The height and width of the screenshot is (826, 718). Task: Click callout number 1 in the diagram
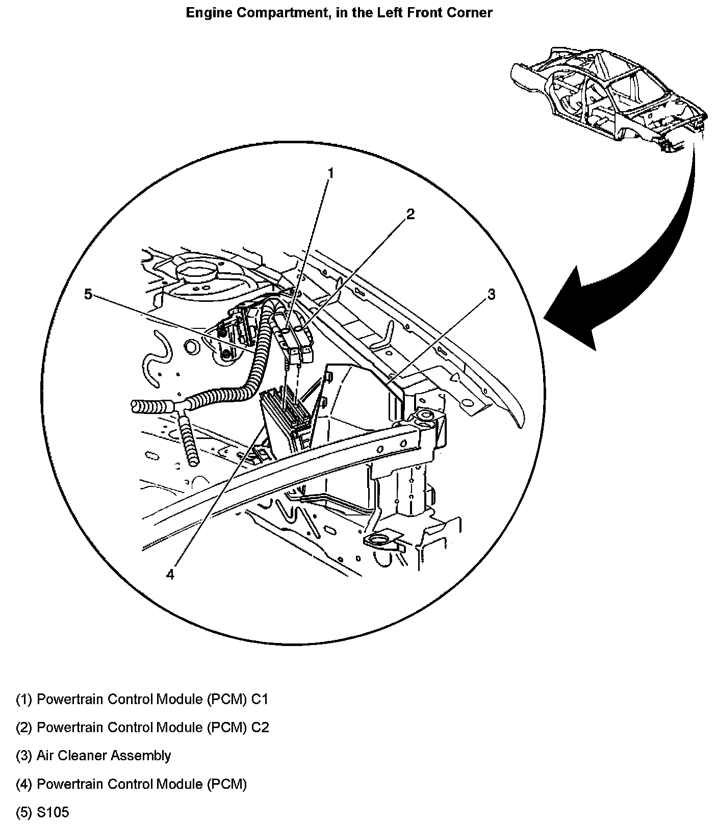pos(330,174)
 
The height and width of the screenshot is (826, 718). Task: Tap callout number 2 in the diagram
pos(410,214)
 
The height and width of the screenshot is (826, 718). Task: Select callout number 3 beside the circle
pos(491,295)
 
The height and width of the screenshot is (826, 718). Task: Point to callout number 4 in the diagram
pos(170,574)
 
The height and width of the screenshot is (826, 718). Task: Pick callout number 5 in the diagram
pos(88,294)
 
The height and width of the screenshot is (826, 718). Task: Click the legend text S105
pos(53,812)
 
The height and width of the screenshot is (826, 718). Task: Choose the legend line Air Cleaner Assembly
pos(104,756)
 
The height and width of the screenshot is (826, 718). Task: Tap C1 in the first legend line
pos(260,699)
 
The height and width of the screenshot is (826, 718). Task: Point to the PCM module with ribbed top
pos(286,408)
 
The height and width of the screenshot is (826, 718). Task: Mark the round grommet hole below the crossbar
pos(379,540)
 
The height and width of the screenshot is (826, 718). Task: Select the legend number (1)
pos(24,699)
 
